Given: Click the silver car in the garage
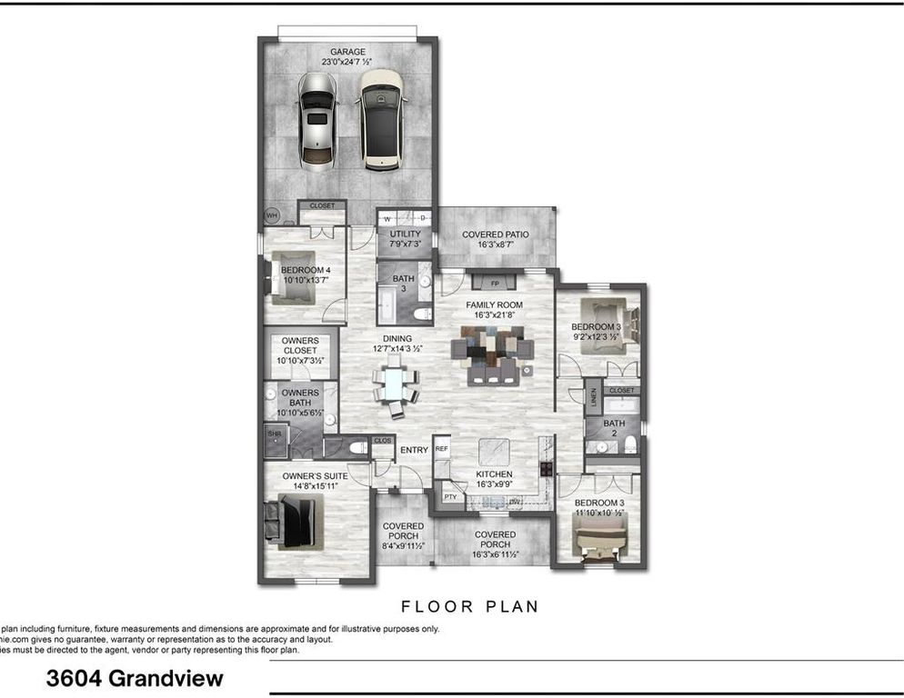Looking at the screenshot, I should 316,121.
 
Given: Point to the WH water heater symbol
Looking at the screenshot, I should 271,215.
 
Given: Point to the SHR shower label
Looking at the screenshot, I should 274,434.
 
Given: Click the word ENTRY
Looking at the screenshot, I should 414,450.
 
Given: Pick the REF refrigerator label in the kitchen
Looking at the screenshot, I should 442,449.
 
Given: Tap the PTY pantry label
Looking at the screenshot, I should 449,497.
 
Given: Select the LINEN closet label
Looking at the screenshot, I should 591,397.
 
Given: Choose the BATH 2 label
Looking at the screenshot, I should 614,428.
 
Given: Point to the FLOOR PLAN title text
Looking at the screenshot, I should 469,606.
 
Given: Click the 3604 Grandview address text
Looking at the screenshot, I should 135,678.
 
